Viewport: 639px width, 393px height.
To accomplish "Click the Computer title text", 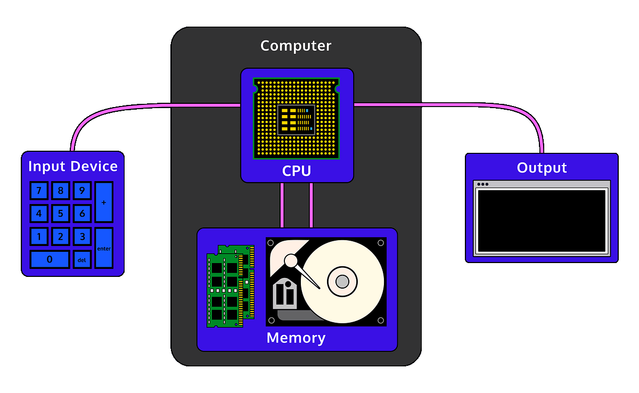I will (x=296, y=46).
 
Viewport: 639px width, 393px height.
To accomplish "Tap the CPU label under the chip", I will (x=296, y=171).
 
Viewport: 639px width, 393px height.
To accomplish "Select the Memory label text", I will (x=296, y=338).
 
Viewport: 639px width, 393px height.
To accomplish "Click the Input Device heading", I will (x=72, y=166).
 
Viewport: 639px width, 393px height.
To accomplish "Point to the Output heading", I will (x=542, y=168).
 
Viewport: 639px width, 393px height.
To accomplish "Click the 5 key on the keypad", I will (x=60, y=214).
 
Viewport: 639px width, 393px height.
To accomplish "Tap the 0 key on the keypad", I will (x=50, y=259).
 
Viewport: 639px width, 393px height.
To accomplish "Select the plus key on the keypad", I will (x=104, y=202).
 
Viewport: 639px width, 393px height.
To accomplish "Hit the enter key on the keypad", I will (x=104, y=248).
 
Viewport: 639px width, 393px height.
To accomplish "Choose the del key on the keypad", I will (x=82, y=260).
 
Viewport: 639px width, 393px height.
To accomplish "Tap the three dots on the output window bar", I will (x=483, y=184).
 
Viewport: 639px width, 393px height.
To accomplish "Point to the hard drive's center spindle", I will (x=342, y=281).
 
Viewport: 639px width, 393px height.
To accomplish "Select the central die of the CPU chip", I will (x=296, y=119).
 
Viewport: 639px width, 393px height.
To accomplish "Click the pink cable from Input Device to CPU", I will (x=133, y=107).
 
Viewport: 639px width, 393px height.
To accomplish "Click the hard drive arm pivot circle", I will (x=291, y=261).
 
